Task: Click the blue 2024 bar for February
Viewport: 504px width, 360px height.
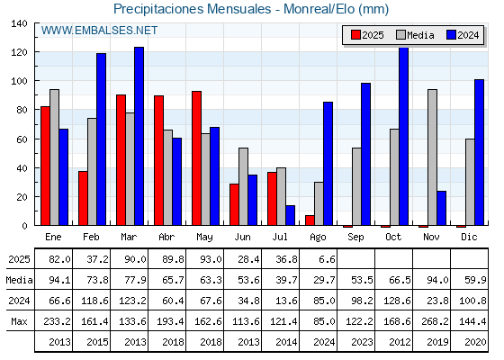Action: [x=101, y=139]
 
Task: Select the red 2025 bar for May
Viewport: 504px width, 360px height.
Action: [x=197, y=158]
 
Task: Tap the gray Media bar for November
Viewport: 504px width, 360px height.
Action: [x=432, y=157]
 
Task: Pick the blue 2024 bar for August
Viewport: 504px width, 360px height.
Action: [x=328, y=164]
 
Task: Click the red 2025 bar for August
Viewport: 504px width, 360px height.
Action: [x=310, y=220]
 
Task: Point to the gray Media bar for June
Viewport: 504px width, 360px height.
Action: [x=243, y=186]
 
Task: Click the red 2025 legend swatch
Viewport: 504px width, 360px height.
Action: [x=355, y=35]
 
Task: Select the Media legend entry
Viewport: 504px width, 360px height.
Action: [x=415, y=35]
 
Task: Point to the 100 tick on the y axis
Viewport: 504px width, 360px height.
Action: [x=20, y=81]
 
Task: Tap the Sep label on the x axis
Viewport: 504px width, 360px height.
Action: [x=355, y=238]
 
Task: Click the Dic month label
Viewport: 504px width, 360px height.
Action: [x=469, y=238]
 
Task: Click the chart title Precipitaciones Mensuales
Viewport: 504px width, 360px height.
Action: [x=193, y=9]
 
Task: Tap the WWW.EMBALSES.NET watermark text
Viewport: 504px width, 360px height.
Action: [x=99, y=31]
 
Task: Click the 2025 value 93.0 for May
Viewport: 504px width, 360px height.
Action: [x=211, y=259]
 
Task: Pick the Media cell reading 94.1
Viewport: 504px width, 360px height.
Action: [x=59, y=280]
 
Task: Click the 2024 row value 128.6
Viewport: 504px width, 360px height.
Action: [x=397, y=301]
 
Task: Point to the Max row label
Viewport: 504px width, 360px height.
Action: [x=19, y=321]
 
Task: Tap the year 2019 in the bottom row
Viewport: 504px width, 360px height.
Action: [x=437, y=342]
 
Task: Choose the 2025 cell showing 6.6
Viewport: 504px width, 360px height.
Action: [x=328, y=259]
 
